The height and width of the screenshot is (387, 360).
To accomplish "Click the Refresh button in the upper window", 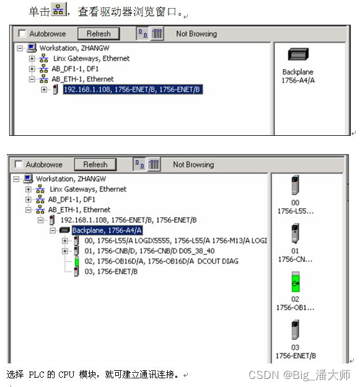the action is click(99, 33).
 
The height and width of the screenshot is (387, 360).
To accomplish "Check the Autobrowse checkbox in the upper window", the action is click(22, 33).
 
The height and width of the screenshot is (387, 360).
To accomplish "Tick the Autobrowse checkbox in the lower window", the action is click(19, 164).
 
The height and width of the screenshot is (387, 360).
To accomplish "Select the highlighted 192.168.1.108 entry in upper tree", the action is click(133, 89).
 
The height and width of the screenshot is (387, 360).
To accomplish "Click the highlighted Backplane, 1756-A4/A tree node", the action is click(107, 230).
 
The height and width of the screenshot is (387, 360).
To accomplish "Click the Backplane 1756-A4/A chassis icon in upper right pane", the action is click(298, 55).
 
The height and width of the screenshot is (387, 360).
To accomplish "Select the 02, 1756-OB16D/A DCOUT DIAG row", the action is click(162, 261).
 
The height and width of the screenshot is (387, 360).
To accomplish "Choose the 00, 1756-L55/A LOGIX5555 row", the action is click(175, 241).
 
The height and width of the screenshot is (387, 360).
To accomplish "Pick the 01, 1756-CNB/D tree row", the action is click(149, 251).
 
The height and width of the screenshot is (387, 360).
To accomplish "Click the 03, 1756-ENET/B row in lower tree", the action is click(111, 272).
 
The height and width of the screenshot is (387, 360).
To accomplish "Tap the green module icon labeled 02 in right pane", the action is click(296, 282).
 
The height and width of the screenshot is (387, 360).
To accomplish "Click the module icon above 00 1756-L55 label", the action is click(296, 185).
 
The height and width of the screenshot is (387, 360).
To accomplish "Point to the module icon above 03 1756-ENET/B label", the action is click(296, 330).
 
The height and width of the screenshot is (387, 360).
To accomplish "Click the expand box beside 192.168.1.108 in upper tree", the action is click(44, 89).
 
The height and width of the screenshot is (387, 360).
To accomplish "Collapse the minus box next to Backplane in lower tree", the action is click(53, 230).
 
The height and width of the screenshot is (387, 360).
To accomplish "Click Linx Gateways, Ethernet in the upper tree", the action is click(91, 58).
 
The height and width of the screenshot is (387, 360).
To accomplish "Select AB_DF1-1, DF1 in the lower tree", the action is click(71, 199).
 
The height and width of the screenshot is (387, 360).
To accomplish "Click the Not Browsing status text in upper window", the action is click(196, 34).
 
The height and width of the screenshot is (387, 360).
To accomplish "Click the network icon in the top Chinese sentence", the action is click(59, 10).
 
